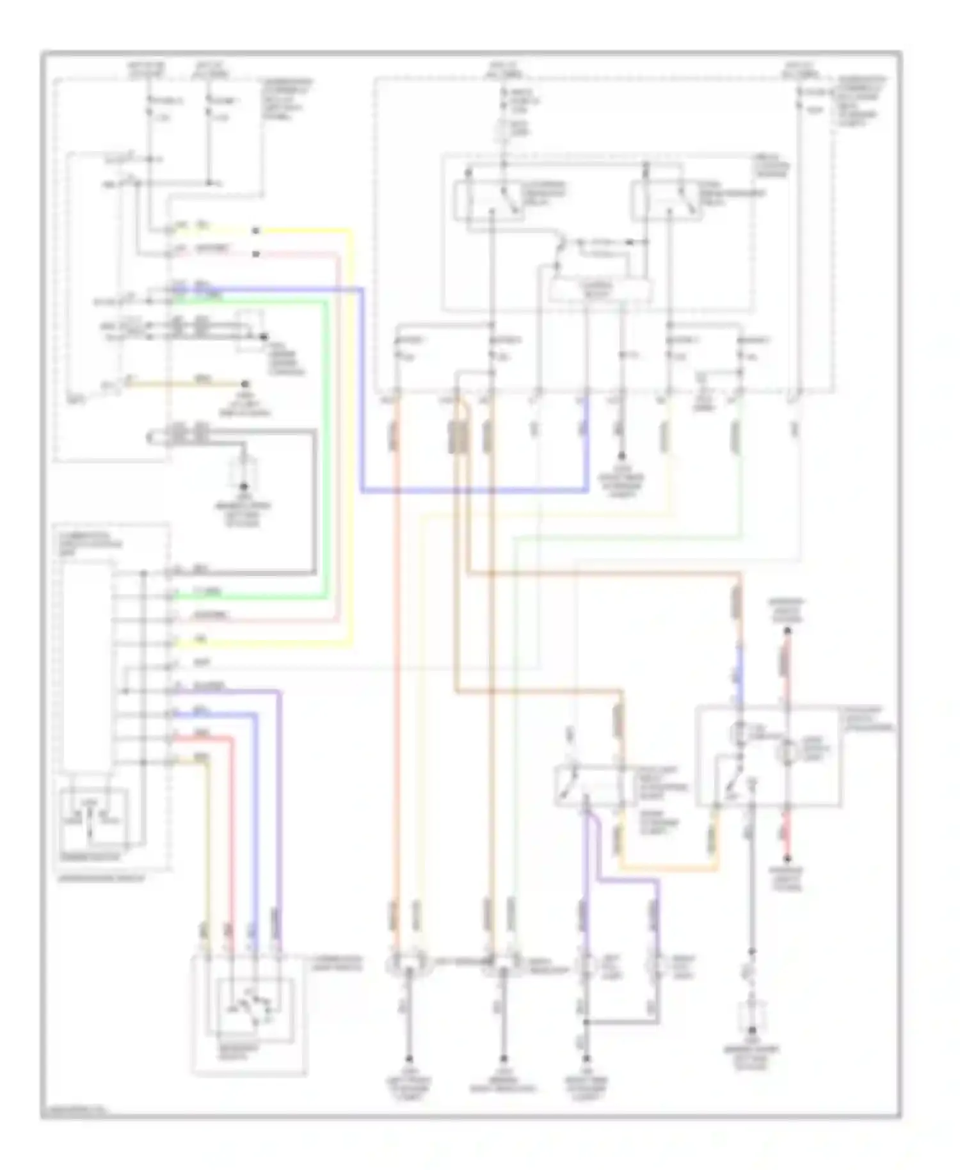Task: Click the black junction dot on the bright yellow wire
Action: pos(255,230)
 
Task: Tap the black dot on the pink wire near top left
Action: pos(255,254)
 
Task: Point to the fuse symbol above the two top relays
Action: pos(504,132)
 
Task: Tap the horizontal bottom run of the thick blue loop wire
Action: pos(474,491)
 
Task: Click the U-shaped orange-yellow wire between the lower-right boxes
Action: pos(666,869)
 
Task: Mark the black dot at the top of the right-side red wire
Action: pos(788,630)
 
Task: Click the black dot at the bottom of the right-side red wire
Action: pos(788,859)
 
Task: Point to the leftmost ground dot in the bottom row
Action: pos(408,1059)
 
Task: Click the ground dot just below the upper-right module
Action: pos(620,456)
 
